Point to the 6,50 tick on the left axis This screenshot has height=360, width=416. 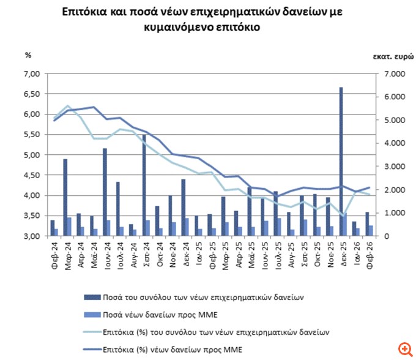click(x=31, y=94)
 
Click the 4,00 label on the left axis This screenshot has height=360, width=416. click(x=31, y=196)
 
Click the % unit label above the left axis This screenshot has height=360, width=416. click(x=27, y=55)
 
